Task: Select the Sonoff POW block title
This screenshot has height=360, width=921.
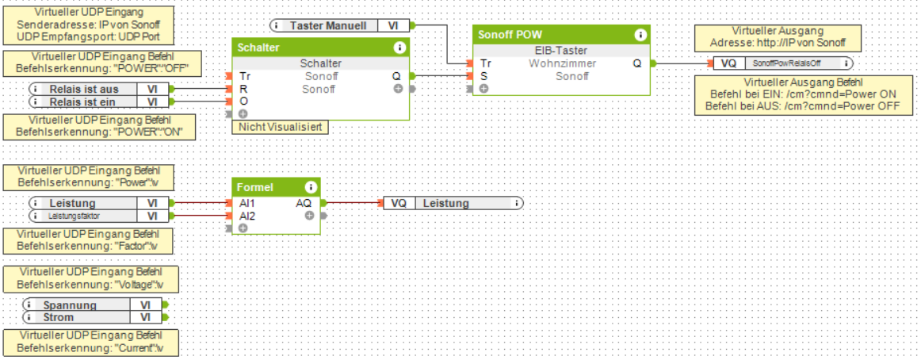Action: [510, 35]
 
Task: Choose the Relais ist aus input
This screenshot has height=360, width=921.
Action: [89, 90]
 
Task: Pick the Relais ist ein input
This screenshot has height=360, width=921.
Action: [89, 101]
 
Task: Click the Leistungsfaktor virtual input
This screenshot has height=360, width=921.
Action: [79, 216]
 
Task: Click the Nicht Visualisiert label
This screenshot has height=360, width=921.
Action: [280, 127]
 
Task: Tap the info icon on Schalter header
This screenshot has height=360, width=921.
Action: [399, 48]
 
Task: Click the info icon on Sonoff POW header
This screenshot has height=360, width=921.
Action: [640, 35]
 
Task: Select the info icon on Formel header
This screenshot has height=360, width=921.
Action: [311, 187]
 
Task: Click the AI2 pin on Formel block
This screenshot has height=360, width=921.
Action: [246, 216]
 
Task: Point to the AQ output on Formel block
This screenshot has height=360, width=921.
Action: [304, 203]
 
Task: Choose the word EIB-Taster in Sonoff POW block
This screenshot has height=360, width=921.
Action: [560, 51]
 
